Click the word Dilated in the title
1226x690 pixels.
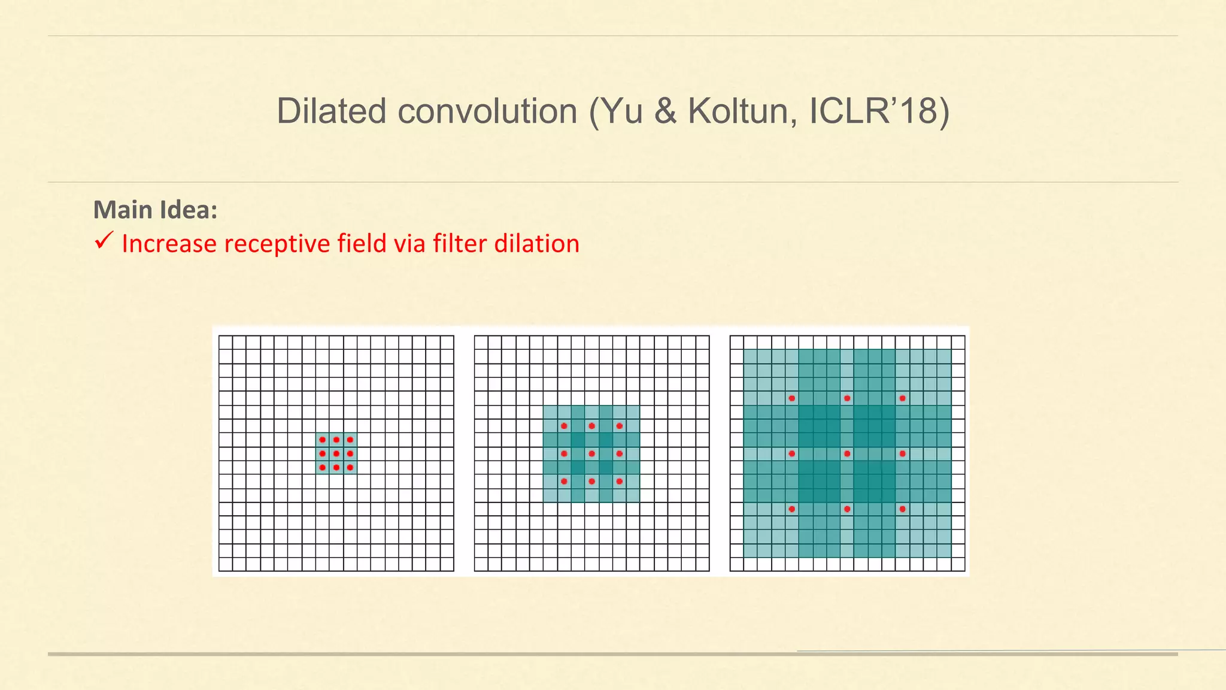(x=331, y=111)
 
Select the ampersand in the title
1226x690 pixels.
(x=665, y=111)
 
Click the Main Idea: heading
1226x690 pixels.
(x=155, y=210)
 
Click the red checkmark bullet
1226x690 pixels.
(x=104, y=241)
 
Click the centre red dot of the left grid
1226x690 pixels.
(x=336, y=453)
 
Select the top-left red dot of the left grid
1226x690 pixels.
(x=323, y=440)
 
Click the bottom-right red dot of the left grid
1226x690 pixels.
(x=350, y=467)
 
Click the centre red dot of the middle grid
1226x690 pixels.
(x=591, y=453)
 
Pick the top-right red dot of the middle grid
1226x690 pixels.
(x=619, y=426)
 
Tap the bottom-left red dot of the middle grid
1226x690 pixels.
(x=564, y=481)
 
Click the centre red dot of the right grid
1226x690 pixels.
(x=847, y=453)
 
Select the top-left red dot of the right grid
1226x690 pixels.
(x=792, y=398)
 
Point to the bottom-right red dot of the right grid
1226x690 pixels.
(x=902, y=509)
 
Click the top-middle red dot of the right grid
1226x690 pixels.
(x=847, y=398)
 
